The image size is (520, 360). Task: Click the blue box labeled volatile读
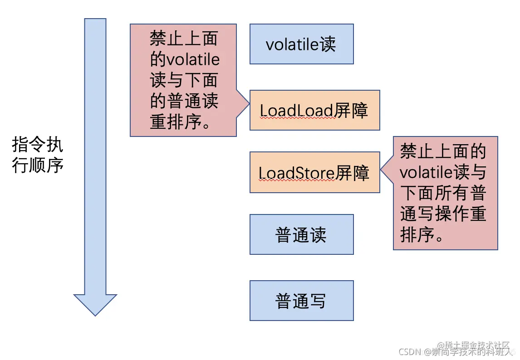click(x=301, y=44)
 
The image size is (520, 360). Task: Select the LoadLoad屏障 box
click(x=314, y=110)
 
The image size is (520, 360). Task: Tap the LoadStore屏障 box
click(x=314, y=173)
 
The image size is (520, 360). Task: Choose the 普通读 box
click(x=301, y=234)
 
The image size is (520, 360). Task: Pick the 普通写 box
click(x=301, y=301)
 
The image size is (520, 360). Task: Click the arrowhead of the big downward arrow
click(x=95, y=304)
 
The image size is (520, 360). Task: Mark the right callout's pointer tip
click(x=381, y=171)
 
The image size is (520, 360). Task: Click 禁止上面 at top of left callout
click(x=184, y=39)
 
